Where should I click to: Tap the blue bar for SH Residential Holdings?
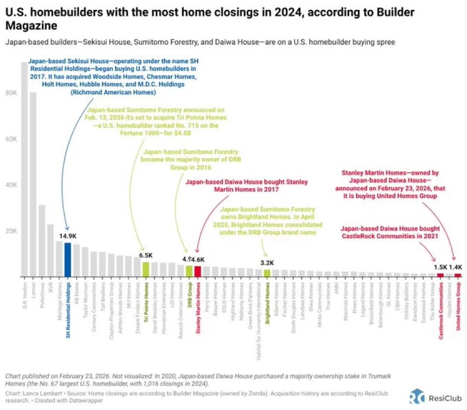[68, 259]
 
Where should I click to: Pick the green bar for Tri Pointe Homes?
[146, 269]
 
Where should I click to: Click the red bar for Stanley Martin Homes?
[198, 271]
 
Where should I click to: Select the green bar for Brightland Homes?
[267, 273]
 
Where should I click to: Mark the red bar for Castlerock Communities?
[441, 275]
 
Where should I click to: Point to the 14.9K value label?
[68, 236]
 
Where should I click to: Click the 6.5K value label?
[146, 255]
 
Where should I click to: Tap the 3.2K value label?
[267, 263]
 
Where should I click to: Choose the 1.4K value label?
[455, 267]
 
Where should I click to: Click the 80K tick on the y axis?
[11, 93]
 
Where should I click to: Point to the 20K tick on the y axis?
[11, 231]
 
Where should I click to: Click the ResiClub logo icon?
[416, 396]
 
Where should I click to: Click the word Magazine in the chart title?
[31, 26]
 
